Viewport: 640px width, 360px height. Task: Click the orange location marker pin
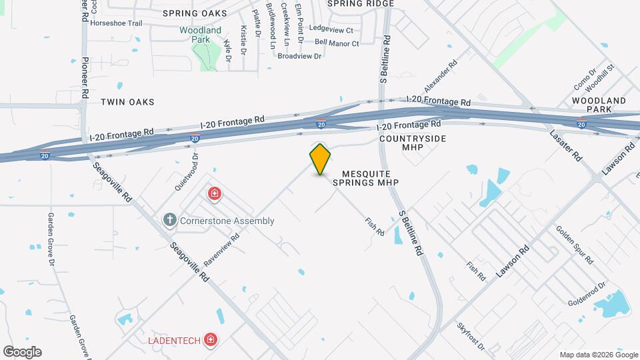coord(321,159)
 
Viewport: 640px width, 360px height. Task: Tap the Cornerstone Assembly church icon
coord(170,220)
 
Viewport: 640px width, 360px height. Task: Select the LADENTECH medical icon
coord(211,340)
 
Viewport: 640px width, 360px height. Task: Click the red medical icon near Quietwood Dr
coord(215,194)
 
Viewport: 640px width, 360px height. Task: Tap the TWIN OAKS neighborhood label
coord(127,102)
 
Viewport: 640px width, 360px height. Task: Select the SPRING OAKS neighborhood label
coord(194,13)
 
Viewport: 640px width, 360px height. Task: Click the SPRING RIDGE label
coord(361,3)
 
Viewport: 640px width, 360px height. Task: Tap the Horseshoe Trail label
coord(116,23)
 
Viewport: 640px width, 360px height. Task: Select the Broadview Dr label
coord(299,56)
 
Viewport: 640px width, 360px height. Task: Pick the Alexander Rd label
coord(441,77)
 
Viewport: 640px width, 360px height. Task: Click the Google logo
coord(22,352)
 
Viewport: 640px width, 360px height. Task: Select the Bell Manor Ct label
coord(337,43)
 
